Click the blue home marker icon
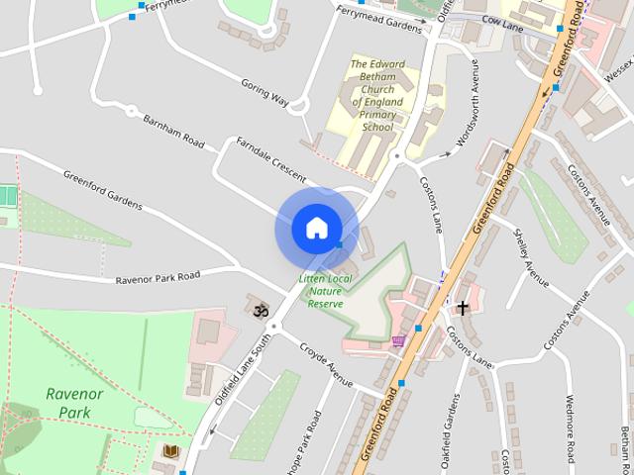(x=316, y=228)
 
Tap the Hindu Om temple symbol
(x=261, y=311)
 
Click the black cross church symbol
(x=462, y=308)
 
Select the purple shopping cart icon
(x=398, y=341)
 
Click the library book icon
(x=170, y=452)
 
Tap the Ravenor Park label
(x=74, y=402)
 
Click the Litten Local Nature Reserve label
(x=325, y=291)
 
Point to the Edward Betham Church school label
(x=377, y=96)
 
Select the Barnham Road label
(x=173, y=131)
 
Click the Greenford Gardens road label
(x=102, y=192)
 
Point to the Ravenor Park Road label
(x=158, y=277)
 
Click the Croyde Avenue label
(x=327, y=364)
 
